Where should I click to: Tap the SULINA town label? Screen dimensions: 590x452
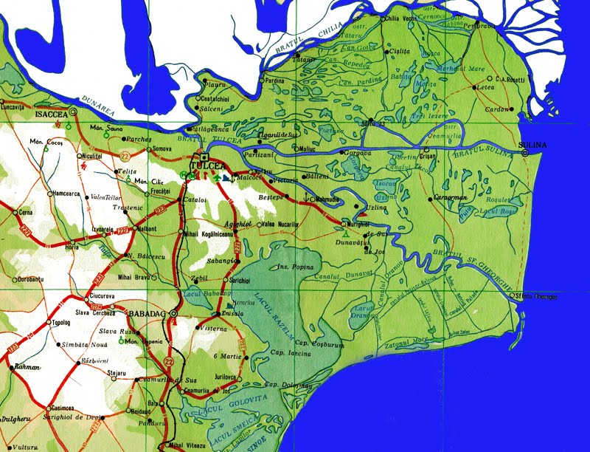tap(533, 145)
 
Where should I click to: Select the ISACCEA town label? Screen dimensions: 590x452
tap(51, 114)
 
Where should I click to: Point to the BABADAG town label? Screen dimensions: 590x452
tap(147, 313)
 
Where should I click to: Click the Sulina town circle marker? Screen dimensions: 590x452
tap(525, 153)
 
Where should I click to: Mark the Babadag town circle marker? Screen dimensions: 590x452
tap(173, 314)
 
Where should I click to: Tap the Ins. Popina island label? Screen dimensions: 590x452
tap(291, 263)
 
